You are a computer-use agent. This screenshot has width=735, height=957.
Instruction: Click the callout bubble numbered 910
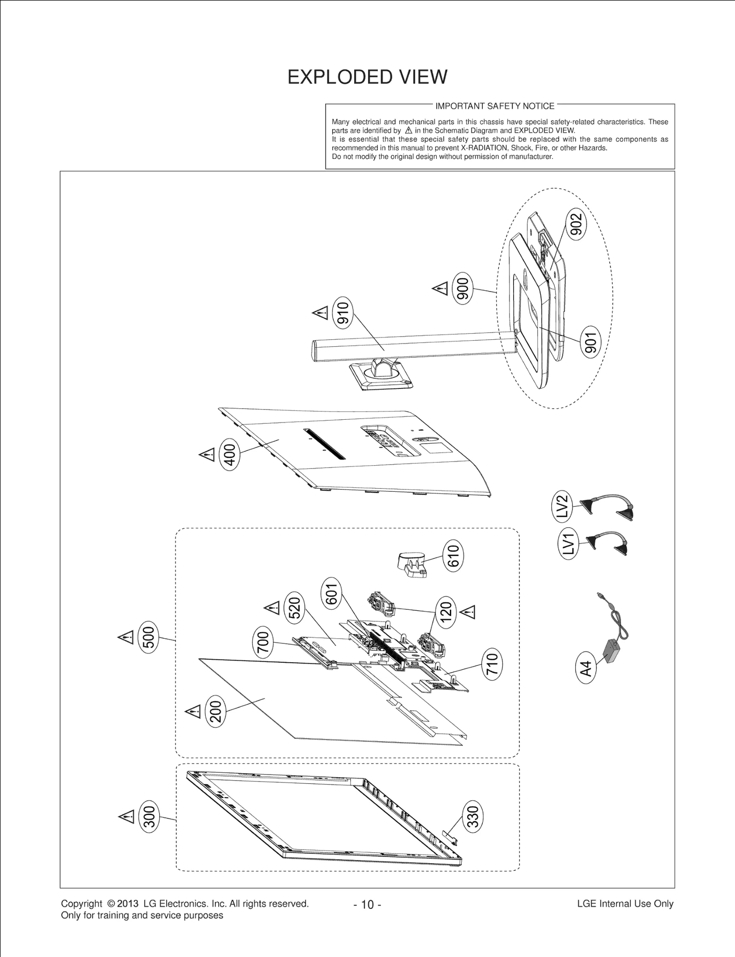point(343,313)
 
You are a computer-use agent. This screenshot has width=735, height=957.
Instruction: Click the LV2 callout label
point(562,506)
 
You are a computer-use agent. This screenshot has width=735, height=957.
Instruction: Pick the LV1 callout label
point(568,543)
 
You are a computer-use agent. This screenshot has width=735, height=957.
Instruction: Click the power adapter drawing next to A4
point(614,648)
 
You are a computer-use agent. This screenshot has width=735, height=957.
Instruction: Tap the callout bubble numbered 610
point(453,556)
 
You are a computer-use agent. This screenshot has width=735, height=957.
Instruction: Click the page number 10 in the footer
point(367,905)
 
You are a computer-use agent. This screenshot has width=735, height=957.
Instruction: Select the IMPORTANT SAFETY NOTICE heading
point(495,106)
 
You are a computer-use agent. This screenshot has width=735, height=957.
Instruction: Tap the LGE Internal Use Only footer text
point(625,904)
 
